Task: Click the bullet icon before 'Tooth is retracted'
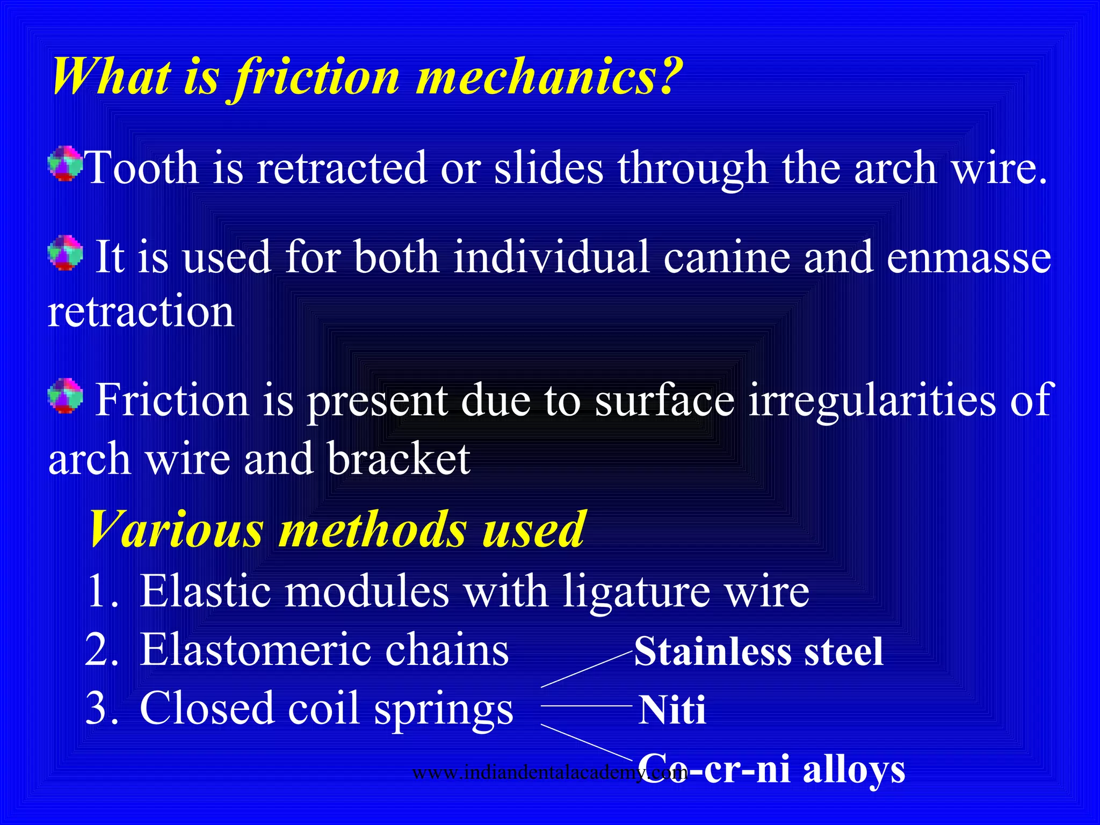65,163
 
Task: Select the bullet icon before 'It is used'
65,252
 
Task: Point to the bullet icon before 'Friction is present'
65,396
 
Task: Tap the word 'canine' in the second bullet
726,257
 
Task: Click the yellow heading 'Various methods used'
336,530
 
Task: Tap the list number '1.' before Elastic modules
102,591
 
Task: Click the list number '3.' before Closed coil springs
102,708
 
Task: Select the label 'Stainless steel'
758,652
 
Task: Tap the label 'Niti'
671,710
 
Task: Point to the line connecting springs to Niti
585,705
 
